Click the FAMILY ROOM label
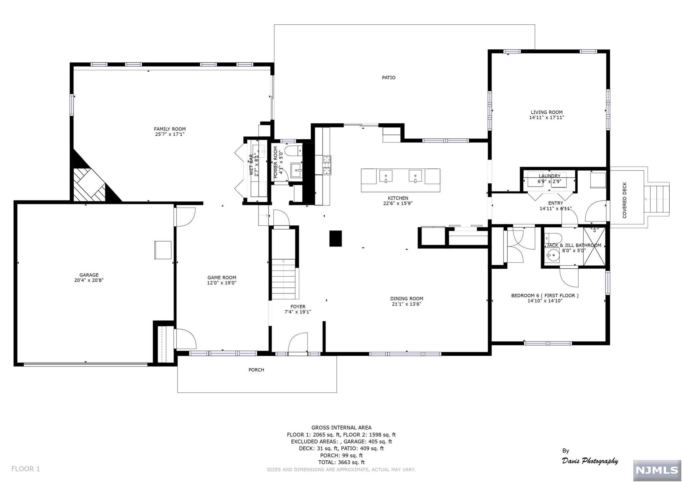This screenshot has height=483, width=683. pyautogui.click(x=170, y=129)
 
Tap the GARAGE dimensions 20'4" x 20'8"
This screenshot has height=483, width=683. pyautogui.click(x=89, y=280)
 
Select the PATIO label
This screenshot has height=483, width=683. pyautogui.click(x=389, y=78)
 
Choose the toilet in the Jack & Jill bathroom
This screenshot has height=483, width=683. pyautogui.click(x=553, y=238)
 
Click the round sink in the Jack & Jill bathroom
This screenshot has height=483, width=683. pyautogui.click(x=552, y=256)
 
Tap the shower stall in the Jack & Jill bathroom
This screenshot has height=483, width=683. pyautogui.click(x=594, y=247)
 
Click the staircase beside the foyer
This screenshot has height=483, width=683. pyautogui.click(x=284, y=279)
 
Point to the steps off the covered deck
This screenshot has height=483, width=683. pyautogui.click(x=657, y=199)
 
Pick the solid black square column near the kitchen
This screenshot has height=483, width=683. pyautogui.click(x=335, y=238)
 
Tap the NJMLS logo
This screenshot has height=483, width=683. pyautogui.click(x=657, y=470)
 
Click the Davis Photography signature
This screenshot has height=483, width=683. pyautogui.click(x=590, y=458)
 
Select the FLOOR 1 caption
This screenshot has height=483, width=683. pyautogui.click(x=26, y=469)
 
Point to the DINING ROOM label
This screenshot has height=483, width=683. pyautogui.click(x=407, y=299)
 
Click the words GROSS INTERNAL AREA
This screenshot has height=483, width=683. pyautogui.click(x=341, y=428)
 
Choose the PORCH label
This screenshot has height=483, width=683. pyautogui.click(x=256, y=370)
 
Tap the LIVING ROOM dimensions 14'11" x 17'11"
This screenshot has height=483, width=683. pyautogui.click(x=547, y=117)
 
